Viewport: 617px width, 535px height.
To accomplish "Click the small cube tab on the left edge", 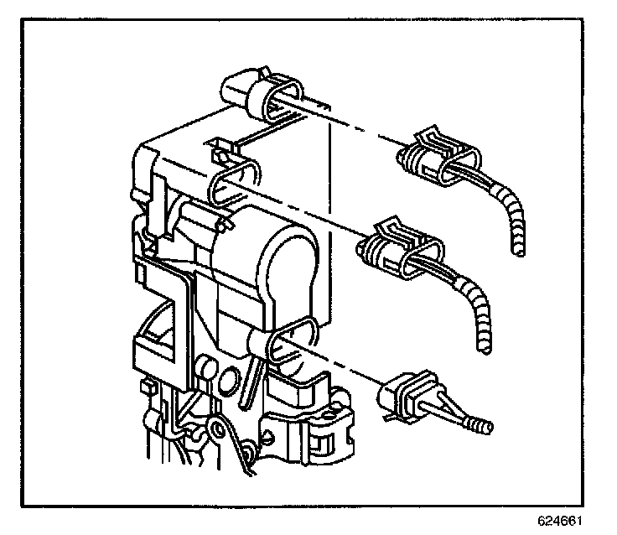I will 145,387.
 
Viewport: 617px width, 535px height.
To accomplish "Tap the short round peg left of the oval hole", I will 204,367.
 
